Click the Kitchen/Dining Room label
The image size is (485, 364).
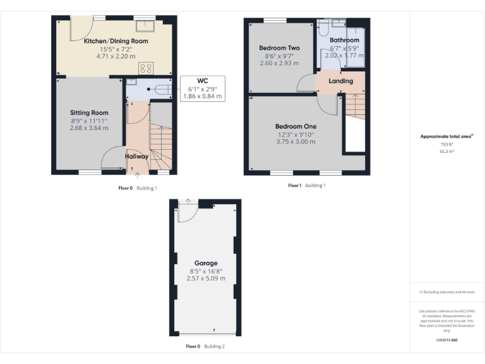point(116,41)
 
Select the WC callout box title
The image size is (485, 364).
point(202,81)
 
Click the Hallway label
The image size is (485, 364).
point(136,156)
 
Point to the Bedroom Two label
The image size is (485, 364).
point(279,48)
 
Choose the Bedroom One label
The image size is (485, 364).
point(296,126)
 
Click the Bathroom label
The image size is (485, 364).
point(344,40)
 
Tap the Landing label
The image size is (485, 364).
point(341,81)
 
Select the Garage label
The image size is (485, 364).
point(206,263)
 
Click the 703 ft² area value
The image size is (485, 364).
point(447,145)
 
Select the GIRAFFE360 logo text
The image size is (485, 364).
point(447,339)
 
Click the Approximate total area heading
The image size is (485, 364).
point(446,136)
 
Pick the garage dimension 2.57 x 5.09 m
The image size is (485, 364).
point(206,278)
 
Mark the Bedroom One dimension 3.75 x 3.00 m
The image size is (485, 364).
point(296,142)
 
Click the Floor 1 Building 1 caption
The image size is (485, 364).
point(306,186)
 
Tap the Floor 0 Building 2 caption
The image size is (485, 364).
point(205,346)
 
